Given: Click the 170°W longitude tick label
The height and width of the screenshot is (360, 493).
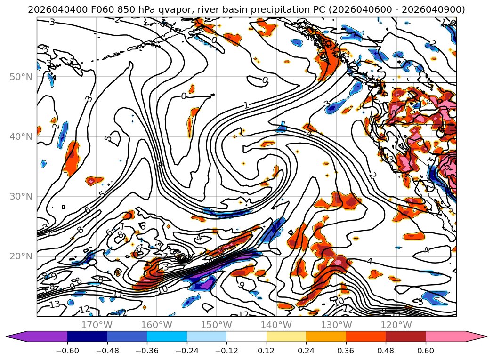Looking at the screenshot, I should (x=97, y=325).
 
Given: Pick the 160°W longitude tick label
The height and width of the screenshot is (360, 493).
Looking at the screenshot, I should (x=156, y=325).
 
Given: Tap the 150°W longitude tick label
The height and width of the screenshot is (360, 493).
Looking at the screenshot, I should (x=217, y=325).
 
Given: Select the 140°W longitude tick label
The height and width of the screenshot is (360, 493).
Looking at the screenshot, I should (x=276, y=325).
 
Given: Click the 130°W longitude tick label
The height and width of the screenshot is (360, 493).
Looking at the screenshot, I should (x=336, y=325).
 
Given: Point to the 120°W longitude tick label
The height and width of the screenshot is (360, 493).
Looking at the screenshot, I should (x=396, y=325).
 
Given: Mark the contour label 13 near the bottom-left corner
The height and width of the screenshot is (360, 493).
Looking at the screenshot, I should (x=55, y=305).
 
